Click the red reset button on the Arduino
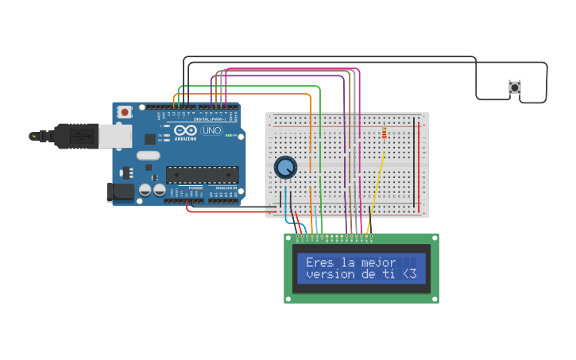125,113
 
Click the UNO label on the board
212,131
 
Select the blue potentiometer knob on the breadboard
285,167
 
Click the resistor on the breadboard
385,134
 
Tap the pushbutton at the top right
514,87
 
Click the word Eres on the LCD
319,262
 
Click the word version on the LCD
328,274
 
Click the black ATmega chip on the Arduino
202,175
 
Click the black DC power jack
120,191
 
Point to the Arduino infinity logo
185,130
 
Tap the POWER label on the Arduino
195,188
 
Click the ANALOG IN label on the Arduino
226,188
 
